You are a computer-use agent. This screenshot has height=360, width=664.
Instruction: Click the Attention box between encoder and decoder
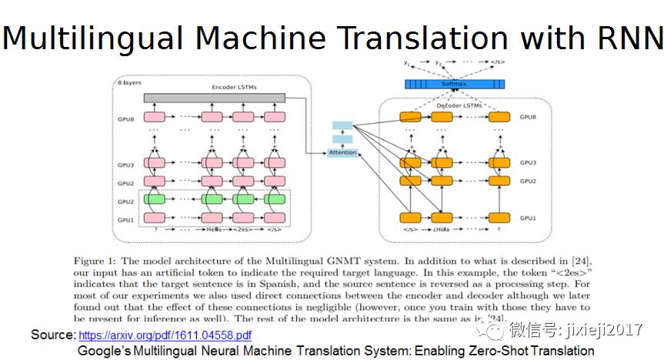tap(342, 152)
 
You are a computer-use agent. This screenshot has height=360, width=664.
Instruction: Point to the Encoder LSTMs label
tap(234, 88)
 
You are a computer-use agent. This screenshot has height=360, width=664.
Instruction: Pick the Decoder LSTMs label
tap(454, 105)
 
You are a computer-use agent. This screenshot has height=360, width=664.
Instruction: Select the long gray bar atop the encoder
tap(214, 98)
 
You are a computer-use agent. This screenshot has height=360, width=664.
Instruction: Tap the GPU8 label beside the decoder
tap(528, 117)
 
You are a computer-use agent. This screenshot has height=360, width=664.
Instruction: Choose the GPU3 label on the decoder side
tap(528, 163)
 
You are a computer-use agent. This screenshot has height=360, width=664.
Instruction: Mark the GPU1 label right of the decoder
tap(528, 218)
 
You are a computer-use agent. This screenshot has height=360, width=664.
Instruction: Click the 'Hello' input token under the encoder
tap(212, 229)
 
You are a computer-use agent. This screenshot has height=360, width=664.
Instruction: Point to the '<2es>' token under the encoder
tap(242, 229)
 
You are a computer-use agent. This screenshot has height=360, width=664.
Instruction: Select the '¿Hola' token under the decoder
tap(441, 229)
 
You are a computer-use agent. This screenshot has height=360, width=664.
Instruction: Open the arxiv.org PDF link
tap(165, 335)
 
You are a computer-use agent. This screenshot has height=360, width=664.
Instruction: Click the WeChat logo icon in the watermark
tap(489, 330)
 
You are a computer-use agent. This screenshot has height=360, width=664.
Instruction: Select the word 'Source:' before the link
tap(53, 335)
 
